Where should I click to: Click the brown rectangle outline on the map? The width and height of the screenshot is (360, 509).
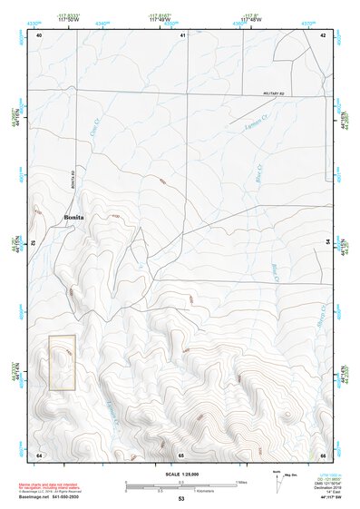tap(62, 363)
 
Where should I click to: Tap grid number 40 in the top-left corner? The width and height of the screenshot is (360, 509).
tap(39, 34)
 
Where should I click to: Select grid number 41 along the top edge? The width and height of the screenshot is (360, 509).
tap(183, 34)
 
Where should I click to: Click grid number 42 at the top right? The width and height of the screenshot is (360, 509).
tap(324, 34)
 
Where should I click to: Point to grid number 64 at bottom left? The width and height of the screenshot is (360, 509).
tap(39, 454)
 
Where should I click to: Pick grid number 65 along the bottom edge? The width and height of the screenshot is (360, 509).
tap(181, 454)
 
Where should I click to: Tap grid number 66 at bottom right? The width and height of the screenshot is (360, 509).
tap(324, 454)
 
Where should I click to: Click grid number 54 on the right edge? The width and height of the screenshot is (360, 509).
tap(327, 243)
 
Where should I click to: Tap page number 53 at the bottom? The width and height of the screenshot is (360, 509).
tap(181, 499)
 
